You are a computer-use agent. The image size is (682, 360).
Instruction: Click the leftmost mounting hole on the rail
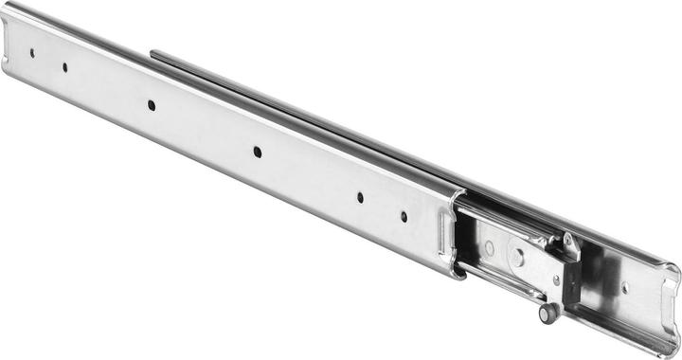tap(31, 54)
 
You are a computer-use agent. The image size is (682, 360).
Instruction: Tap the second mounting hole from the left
tap(64, 66)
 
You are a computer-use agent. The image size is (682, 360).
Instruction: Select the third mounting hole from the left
tap(152, 105)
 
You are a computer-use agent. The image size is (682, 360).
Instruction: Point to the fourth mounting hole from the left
tap(257, 150)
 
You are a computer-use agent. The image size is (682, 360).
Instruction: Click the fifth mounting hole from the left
tap(360, 198)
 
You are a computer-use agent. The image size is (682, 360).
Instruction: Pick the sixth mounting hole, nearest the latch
tap(404, 217)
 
